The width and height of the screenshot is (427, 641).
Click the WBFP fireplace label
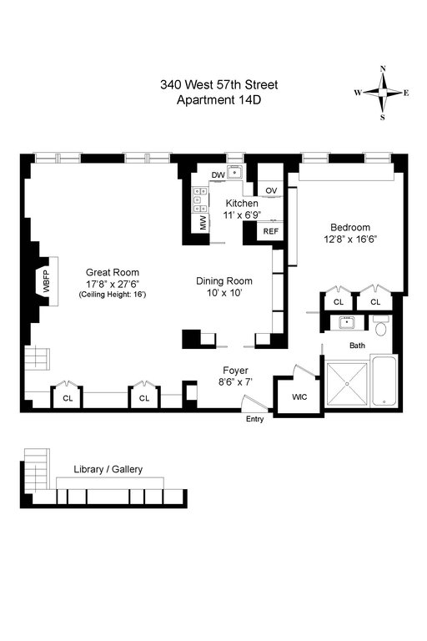coord(46,281)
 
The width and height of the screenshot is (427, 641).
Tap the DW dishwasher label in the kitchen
coord(219,175)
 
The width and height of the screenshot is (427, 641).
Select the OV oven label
coord(271,190)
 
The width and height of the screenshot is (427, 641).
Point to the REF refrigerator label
coord(271,231)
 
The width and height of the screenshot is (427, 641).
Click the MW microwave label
coord(203,223)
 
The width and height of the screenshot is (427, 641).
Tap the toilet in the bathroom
coord(382,326)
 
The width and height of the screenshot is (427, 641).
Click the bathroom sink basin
coord(347,323)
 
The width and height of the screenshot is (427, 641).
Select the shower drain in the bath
coord(347,384)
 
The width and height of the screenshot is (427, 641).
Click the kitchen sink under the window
coord(235,173)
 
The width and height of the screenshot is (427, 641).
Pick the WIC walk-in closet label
coord(299,397)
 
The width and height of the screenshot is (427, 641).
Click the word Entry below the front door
coord(254,419)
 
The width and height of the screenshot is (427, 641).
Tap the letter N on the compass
coord(383,68)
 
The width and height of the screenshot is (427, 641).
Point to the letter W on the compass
coord(358,93)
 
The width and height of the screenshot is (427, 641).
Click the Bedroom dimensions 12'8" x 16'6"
coord(350,240)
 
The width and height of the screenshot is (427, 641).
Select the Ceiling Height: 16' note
coord(112,295)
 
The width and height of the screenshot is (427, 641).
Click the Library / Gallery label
coord(108,469)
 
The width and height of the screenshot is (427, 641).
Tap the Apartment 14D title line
coord(219,100)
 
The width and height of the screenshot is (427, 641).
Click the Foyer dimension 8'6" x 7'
coord(235,382)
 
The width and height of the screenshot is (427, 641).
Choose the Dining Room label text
coord(224,280)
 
